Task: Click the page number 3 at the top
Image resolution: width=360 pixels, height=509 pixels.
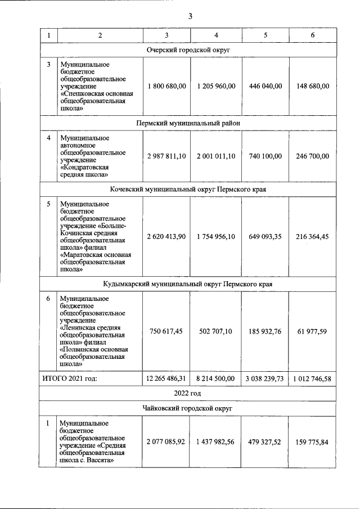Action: pyautogui.click(x=190, y=16)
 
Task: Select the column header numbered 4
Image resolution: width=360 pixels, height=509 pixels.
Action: pyautogui.click(x=216, y=35)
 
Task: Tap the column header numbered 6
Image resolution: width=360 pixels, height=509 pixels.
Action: pyautogui.click(x=312, y=35)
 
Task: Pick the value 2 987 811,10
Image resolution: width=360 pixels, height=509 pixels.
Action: pyautogui.click(x=166, y=155)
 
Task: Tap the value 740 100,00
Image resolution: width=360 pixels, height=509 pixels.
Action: pyautogui.click(x=264, y=155)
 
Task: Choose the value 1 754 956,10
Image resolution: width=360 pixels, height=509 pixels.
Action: pyautogui.click(x=216, y=237)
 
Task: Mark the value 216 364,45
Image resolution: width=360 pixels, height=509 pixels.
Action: pyautogui.click(x=312, y=237)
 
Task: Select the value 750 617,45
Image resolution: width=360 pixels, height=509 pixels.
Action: pyautogui.click(x=166, y=331)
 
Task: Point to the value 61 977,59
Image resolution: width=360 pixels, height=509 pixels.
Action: pyautogui.click(x=312, y=331)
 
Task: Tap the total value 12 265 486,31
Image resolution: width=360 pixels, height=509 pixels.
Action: pyautogui.click(x=166, y=379)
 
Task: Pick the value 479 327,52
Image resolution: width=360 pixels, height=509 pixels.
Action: pyautogui.click(x=264, y=442)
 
